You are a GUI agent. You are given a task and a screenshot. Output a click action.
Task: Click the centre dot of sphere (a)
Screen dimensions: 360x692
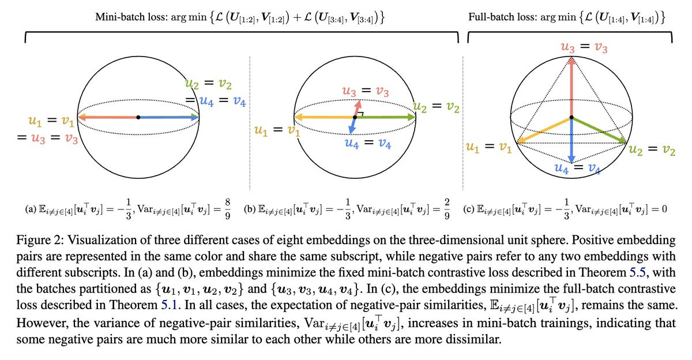click(x=138, y=117)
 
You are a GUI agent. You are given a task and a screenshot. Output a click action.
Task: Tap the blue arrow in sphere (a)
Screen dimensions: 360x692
click(x=170, y=117)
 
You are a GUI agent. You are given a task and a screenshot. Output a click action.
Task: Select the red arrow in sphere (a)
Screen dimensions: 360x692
click(x=107, y=117)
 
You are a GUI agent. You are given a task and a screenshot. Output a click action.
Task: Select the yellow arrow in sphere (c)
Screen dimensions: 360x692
click(x=545, y=130)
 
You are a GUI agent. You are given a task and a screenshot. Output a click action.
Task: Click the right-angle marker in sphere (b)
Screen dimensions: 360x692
click(x=360, y=115)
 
